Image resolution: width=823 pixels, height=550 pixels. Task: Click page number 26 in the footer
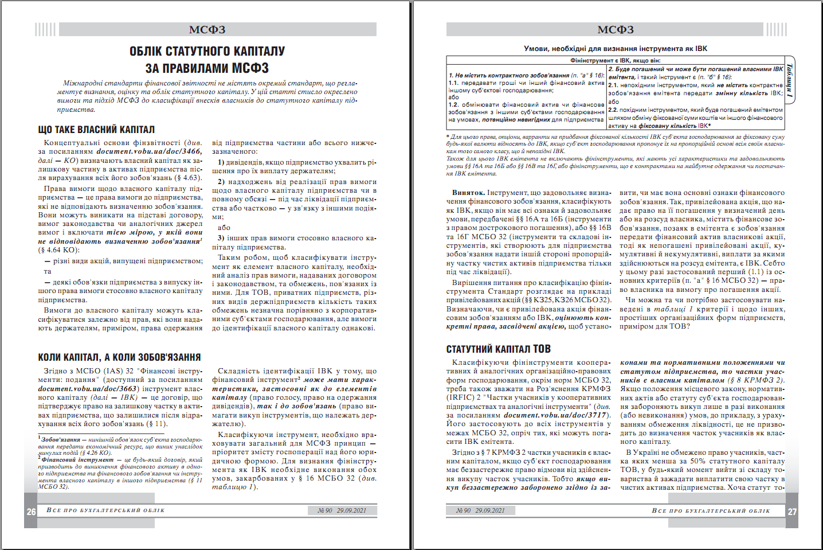coord(31,512)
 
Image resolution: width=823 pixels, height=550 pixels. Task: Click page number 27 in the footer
coord(792,512)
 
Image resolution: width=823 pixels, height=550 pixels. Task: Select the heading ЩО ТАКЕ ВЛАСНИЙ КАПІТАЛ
coord(96,130)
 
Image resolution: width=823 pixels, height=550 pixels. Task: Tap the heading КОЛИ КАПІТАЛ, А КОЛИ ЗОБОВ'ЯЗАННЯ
coord(119,357)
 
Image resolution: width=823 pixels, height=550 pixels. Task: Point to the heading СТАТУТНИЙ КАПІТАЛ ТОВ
coord(498,349)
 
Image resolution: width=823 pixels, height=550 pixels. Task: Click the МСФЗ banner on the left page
coord(207,30)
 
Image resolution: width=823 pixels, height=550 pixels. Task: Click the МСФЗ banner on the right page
coord(616,30)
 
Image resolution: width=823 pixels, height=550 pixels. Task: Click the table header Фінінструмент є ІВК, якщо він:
coord(615,60)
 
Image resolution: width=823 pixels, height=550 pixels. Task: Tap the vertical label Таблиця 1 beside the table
coord(790,81)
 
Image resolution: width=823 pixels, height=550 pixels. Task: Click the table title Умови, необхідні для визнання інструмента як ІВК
coord(616,49)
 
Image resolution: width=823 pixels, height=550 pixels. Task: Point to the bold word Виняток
coord(468,193)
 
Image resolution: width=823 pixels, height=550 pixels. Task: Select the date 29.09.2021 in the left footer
coord(351,510)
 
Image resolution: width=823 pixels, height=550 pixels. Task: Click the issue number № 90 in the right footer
coord(464,510)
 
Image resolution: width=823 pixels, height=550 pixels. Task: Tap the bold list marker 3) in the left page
coord(221,238)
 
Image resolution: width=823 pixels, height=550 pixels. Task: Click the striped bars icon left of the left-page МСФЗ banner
coord(45,30)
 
